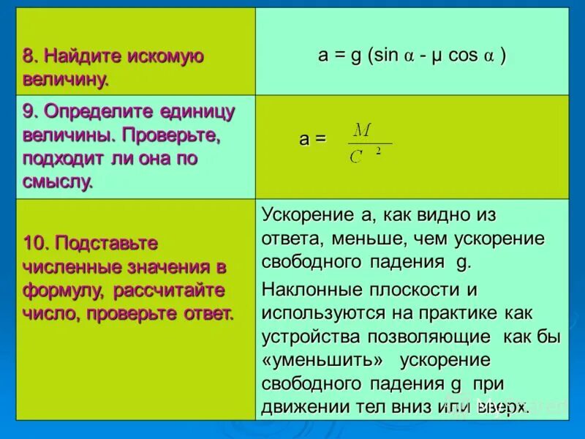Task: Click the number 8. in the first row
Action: pyautogui.click(x=31, y=57)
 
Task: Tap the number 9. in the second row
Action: pyautogui.click(x=31, y=112)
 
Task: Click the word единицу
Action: pyautogui.click(x=196, y=112)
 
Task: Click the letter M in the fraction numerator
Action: pyautogui.click(x=362, y=130)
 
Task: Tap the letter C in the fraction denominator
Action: pyautogui.click(x=356, y=156)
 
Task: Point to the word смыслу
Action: pyautogui.click(x=58, y=182)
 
